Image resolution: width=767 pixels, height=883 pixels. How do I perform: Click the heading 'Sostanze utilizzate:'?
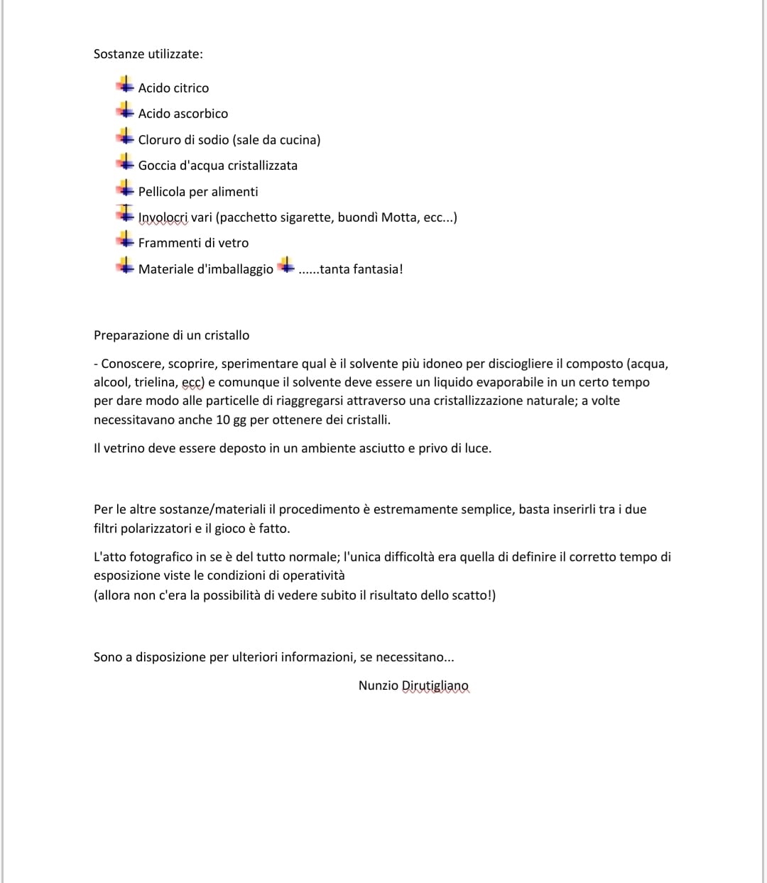pos(148,54)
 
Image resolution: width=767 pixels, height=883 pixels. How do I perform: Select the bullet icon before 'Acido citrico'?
pos(125,86)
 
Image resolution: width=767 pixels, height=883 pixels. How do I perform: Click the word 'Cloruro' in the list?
pos(159,140)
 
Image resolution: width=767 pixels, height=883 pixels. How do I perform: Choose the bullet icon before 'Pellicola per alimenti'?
pos(125,190)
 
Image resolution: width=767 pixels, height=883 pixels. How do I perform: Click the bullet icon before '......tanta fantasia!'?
pos(285,267)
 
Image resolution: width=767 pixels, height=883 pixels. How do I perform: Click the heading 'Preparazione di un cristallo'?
pos(171,335)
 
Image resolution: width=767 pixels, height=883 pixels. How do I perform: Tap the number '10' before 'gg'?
pos(222,420)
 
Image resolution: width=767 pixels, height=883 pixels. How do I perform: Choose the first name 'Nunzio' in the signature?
pos(378,686)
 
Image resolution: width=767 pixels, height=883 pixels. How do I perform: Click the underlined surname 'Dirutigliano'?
pos(435,686)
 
